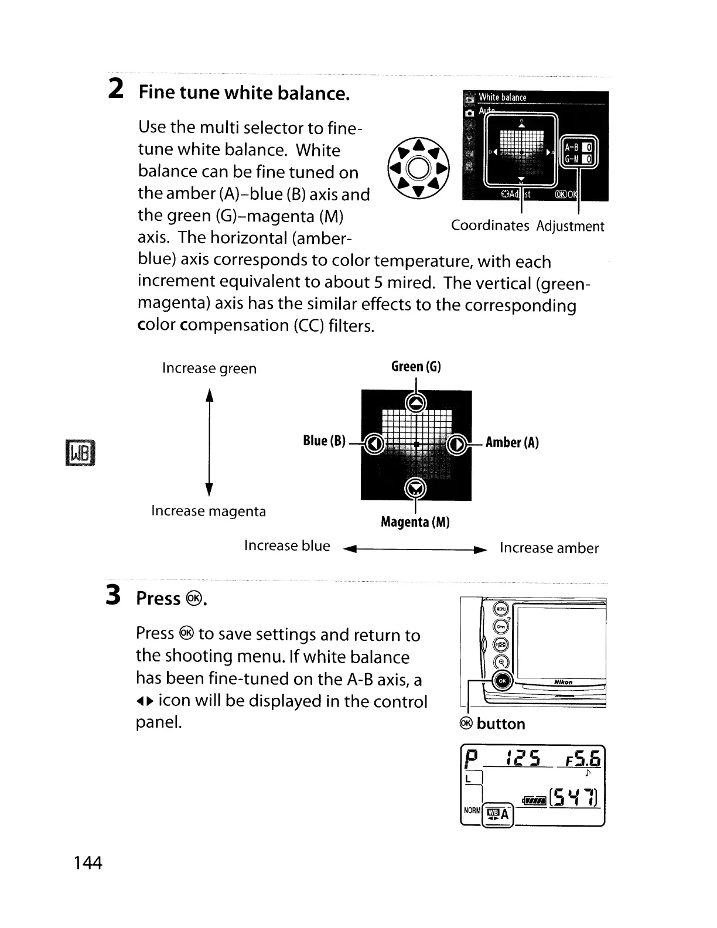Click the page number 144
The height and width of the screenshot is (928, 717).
click(88, 863)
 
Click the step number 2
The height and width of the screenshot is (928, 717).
click(116, 89)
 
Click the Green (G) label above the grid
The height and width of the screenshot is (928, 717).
click(416, 367)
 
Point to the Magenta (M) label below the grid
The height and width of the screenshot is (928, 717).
click(415, 521)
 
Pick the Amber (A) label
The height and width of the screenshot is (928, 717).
click(512, 442)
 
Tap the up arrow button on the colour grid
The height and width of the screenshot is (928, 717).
click(416, 402)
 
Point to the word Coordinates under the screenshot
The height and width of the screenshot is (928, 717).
click(490, 226)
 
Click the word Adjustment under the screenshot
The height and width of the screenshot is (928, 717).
click(570, 227)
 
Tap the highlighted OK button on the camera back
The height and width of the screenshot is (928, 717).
click(502, 681)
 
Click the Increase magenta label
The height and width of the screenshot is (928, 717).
click(209, 511)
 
